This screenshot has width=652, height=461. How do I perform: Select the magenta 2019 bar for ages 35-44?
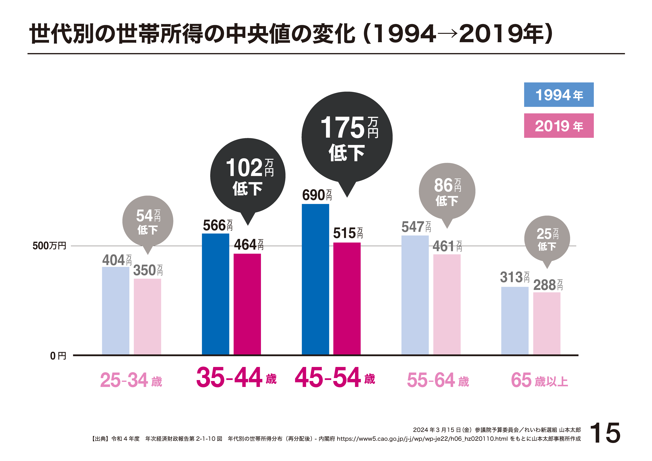pos(247,304)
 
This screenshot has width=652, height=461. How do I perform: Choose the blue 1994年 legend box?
pos(559,95)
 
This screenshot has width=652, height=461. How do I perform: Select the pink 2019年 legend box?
pos(559,126)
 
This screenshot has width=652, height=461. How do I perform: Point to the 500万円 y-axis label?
pos(49,246)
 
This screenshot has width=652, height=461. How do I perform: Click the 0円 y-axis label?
pos(58,356)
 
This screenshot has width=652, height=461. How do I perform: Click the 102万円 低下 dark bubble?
pos(248,176)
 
